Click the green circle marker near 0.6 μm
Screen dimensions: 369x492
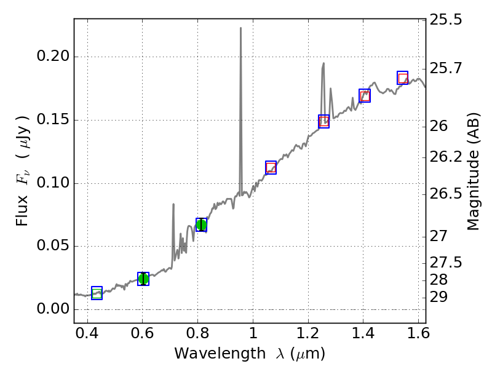(143, 279)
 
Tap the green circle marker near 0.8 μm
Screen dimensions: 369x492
(201, 225)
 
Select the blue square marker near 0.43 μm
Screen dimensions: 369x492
(97, 293)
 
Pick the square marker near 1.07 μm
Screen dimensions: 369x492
(271, 167)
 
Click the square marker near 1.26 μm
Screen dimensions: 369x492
(323, 121)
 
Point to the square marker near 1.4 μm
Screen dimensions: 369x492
(365, 95)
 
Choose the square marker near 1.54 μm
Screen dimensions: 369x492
(403, 77)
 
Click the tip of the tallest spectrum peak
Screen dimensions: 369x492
(240, 28)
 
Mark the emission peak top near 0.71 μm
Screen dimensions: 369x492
(173, 204)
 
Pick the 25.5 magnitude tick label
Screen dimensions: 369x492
(446, 20)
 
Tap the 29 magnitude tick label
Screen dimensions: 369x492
(440, 297)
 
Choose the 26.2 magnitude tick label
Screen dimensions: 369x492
(446, 157)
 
